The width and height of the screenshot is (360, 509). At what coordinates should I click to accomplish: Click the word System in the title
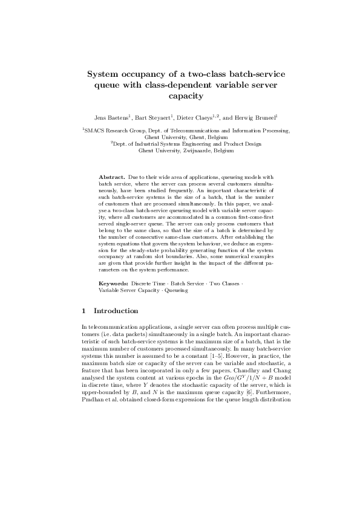tap(105, 74)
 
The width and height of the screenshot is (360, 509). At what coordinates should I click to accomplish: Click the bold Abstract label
tap(112, 177)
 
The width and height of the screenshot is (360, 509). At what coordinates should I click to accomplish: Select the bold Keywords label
tap(113, 283)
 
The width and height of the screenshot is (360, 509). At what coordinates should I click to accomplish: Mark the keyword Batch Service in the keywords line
tap(189, 283)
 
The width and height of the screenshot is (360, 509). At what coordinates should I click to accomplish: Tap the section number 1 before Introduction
tap(83, 311)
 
